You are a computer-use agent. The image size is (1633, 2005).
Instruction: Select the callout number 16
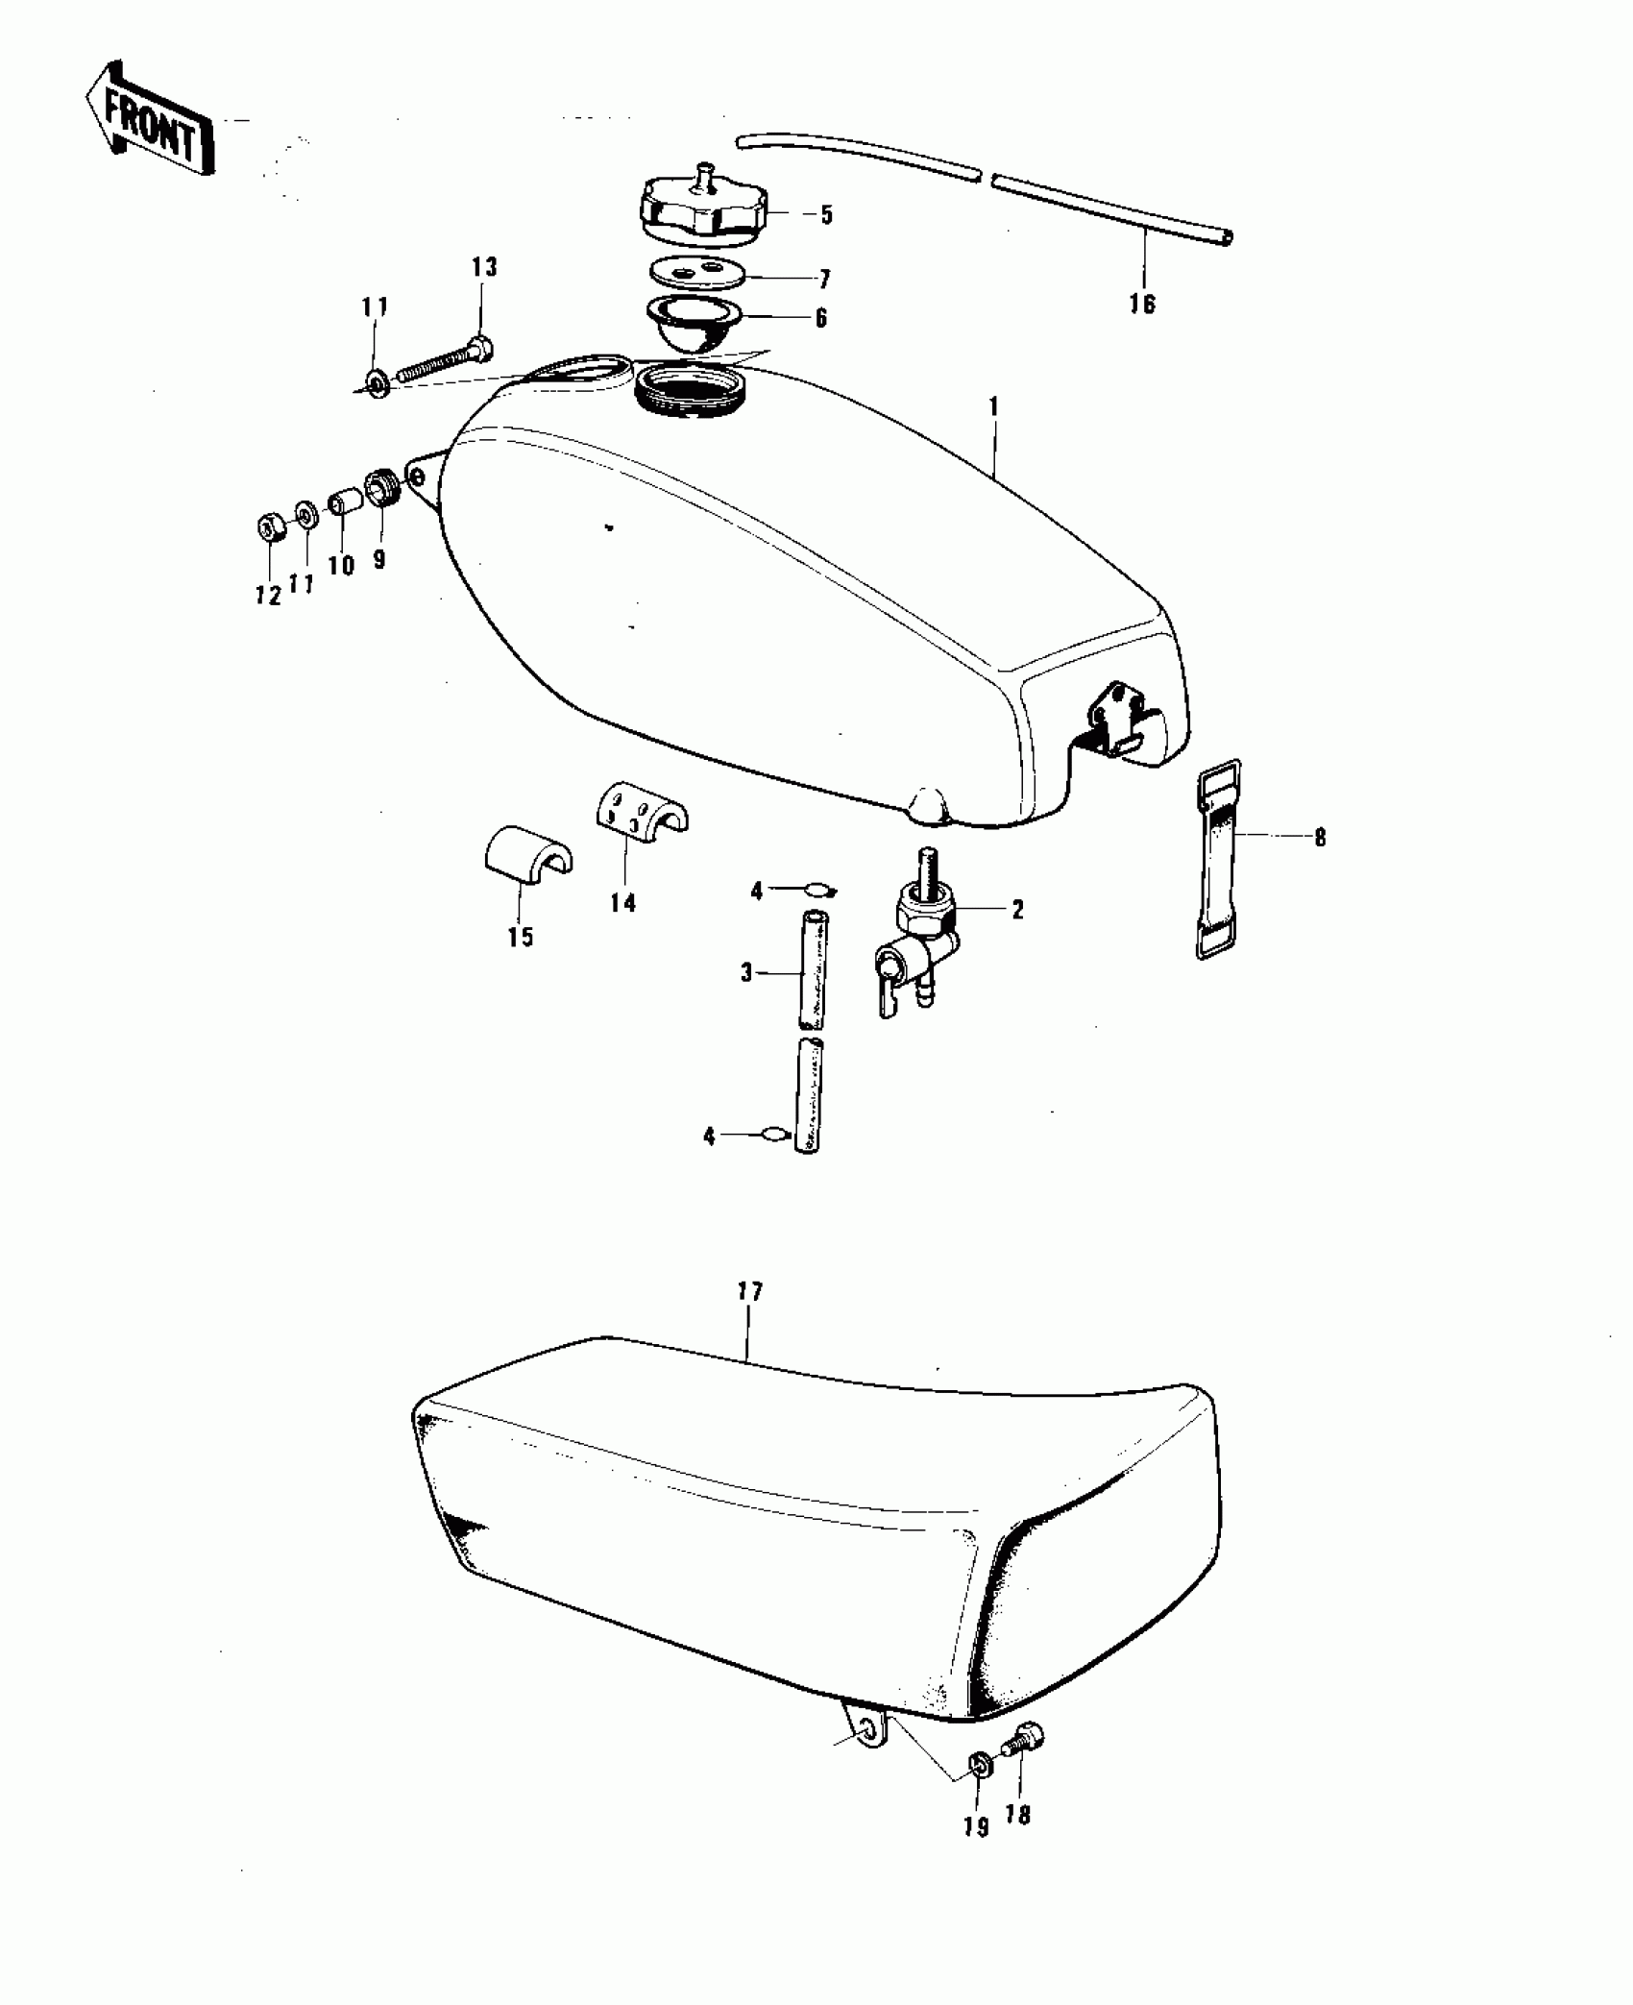coord(1142,305)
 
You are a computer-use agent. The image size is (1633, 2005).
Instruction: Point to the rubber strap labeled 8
coord(1219,858)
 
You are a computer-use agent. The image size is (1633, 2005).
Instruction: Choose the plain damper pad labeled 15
coord(524,849)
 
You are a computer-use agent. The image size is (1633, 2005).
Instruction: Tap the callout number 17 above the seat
coord(749,1291)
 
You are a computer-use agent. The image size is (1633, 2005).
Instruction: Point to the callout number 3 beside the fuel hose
coord(746,973)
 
